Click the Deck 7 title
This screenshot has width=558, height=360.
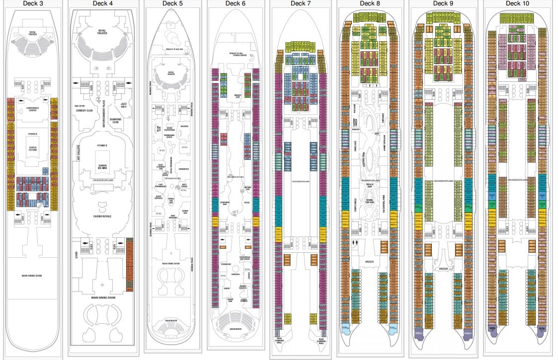(x=301, y=3)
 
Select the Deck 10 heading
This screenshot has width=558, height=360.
(x=516, y=3)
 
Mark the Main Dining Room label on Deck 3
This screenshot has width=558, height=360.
(x=32, y=275)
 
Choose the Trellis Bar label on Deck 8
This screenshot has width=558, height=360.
(x=369, y=185)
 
